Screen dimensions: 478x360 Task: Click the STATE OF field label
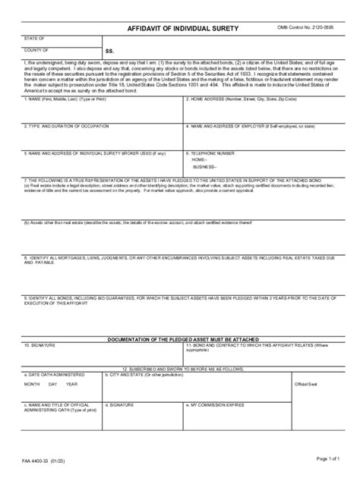click(34, 36)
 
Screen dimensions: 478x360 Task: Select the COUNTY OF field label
click(36, 49)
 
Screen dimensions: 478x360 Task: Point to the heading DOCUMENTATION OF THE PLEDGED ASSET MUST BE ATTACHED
click(179, 338)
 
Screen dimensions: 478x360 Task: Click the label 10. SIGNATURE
click(39, 344)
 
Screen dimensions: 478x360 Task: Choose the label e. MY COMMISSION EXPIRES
click(223, 404)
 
